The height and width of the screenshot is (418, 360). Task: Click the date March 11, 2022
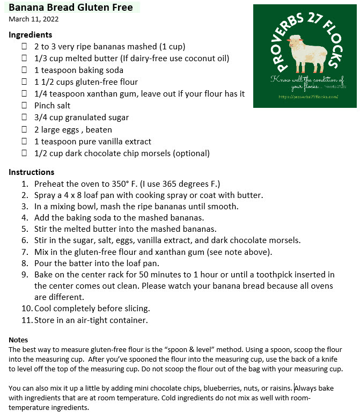[34, 19]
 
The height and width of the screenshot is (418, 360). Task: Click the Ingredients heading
[31, 34]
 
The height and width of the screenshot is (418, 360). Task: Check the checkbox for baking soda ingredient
[24, 70]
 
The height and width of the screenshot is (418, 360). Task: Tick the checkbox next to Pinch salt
[24, 106]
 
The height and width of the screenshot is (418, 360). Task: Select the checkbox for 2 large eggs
[24, 129]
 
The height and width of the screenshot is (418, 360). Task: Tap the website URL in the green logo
[308, 97]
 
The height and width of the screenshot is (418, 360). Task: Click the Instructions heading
[32, 172]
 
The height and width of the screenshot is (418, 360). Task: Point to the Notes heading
[18, 340]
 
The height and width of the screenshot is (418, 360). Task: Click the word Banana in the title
[26, 8]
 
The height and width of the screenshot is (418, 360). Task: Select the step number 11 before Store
[26, 320]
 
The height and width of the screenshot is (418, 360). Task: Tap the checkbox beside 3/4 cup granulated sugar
[24, 118]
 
